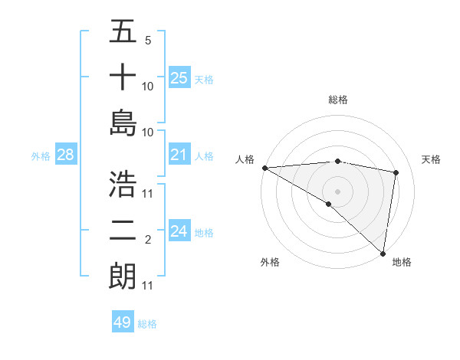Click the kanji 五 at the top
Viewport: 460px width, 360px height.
pyautogui.click(x=123, y=33)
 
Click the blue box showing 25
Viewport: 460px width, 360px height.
pyautogui.click(x=179, y=77)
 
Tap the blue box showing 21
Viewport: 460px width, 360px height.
pyautogui.click(x=179, y=155)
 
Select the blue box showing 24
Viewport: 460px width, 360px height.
pyautogui.click(x=179, y=231)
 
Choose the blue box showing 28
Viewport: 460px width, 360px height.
pyautogui.click(x=65, y=155)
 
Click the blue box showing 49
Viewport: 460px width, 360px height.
pyautogui.click(x=122, y=322)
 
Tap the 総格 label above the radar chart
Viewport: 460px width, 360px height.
pyautogui.click(x=338, y=100)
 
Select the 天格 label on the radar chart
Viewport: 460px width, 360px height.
pyautogui.click(x=432, y=159)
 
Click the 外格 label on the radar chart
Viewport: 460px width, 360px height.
pyautogui.click(x=270, y=262)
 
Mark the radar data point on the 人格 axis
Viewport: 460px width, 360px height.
pyautogui.click(x=264, y=168)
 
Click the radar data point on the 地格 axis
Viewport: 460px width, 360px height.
pyautogui.click(x=383, y=253)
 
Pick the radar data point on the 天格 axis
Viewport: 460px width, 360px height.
pyautogui.click(x=396, y=172)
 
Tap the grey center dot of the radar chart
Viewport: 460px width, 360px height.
pyautogui.click(x=338, y=191)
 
